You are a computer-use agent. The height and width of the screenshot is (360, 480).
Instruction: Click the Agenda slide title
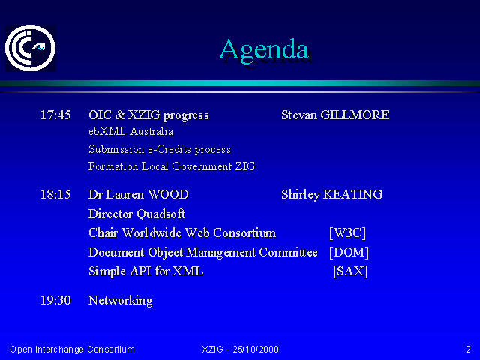[264, 51]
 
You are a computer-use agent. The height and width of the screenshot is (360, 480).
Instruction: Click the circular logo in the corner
[30, 48]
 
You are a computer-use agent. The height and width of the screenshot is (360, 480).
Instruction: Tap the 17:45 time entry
[55, 115]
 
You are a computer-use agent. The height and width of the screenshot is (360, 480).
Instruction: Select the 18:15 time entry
[55, 195]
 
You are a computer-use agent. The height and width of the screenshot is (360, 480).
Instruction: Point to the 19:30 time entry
[55, 300]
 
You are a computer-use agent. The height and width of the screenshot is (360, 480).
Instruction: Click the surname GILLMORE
[355, 115]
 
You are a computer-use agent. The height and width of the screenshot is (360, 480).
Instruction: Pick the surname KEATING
[352, 195]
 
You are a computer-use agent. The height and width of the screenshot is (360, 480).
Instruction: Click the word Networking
[120, 301]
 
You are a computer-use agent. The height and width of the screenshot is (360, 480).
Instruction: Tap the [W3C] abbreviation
[347, 233]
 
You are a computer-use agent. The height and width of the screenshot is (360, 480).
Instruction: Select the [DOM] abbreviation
[349, 252]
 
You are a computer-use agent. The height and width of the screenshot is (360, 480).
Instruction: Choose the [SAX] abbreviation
[350, 271]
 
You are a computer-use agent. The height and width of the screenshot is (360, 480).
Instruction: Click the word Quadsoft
[161, 214]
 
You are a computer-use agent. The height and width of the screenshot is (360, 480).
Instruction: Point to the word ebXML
[107, 132]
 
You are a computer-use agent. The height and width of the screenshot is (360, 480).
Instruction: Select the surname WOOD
[168, 195]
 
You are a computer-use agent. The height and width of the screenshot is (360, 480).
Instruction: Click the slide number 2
[468, 349]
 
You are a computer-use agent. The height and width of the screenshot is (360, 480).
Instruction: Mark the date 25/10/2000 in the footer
[256, 349]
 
